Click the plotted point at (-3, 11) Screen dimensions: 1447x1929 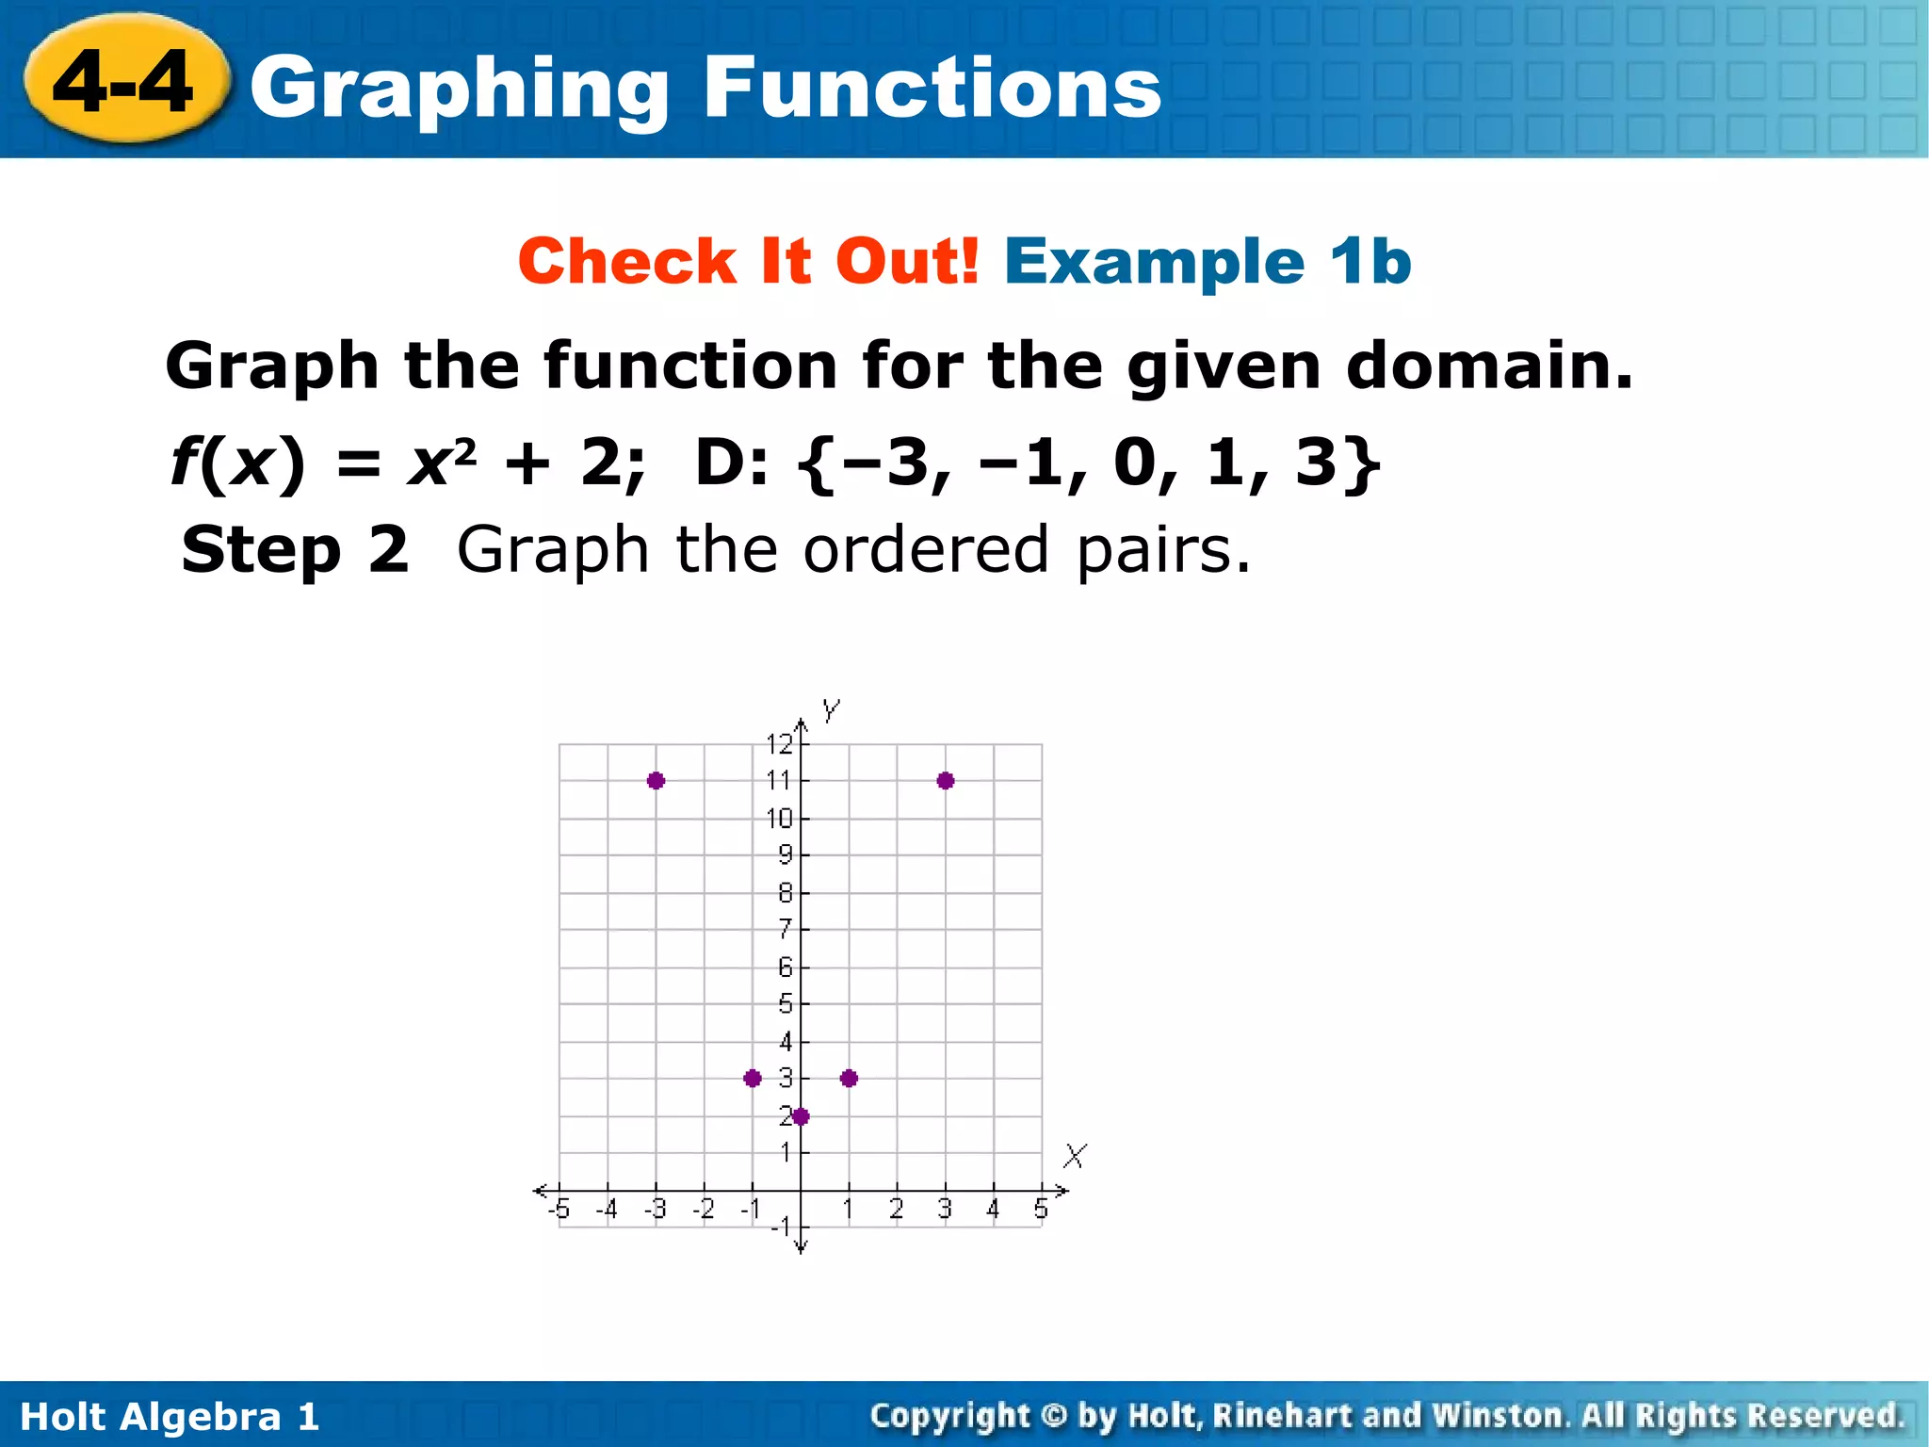pos(657,780)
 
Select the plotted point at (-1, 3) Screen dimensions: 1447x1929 pos(752,1078)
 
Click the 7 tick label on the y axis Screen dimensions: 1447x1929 pos(785,929)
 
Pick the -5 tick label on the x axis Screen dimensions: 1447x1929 pos(559,1209)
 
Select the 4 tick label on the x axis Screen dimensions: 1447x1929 pos(993,1209)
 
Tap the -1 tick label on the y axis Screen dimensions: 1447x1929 pos(781,1227)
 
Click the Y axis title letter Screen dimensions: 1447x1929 pos(830,710)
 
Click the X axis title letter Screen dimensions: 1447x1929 pos(1075,1155)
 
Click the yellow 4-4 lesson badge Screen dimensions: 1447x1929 pos(124,82)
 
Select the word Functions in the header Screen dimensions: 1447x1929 pos(932,87)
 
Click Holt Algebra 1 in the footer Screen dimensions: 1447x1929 pos(170,1416)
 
